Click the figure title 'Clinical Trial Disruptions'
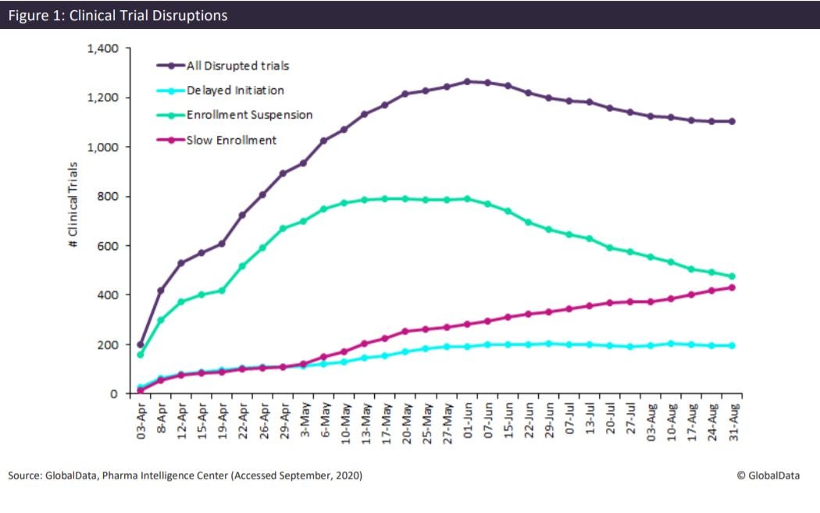(118, 15)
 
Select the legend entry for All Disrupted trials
(237, 66)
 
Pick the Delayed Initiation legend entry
(234, 91)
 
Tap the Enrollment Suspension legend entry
(249, 115)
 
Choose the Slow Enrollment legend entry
(230, 140)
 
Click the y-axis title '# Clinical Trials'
(73, 205)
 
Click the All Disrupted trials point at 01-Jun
(467, 81)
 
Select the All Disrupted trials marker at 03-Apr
(141, 344)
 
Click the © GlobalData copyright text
(768, 476)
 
